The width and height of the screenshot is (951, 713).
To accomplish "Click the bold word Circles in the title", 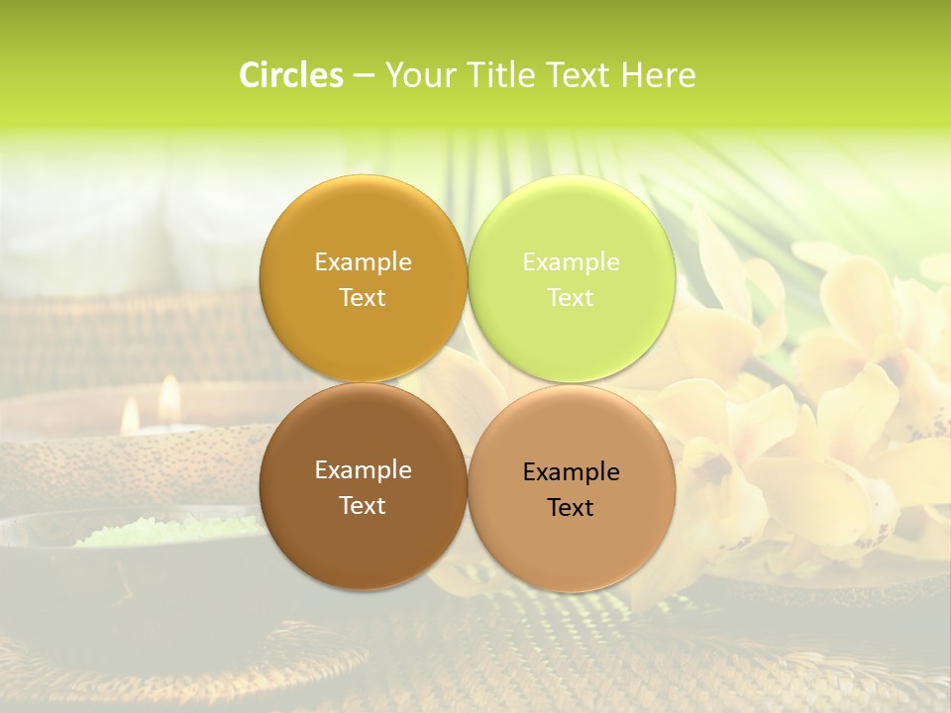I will click(x=291, y=75).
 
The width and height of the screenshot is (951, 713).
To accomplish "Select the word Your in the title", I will click(x=417, y=75).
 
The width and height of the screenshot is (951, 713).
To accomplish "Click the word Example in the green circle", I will click(x=572, y=261).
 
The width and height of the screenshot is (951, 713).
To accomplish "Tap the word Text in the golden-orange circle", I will click(x=363, y=297).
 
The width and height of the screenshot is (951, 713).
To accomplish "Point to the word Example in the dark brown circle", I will click(x=363, y=469).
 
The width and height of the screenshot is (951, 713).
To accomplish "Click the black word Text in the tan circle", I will click(x=572, y=507).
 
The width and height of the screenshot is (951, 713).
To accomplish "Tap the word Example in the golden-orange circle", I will click(x=363, y=261).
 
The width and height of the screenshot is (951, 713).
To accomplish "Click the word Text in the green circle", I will click(x=572, y=297).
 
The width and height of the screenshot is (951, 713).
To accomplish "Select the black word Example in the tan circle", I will click(x=572, y=471).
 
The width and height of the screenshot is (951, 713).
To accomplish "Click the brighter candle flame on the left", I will click(x=169, y=396).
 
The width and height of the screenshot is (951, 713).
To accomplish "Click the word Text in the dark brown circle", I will click(x=363, y=505).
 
